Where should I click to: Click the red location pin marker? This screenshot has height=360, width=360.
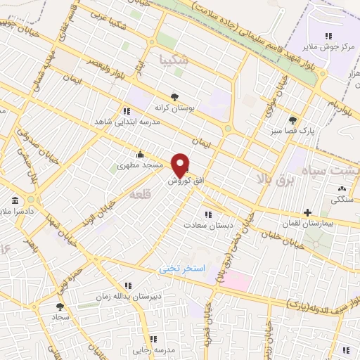point(181,165)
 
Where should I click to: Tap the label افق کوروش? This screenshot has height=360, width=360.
point(186,181)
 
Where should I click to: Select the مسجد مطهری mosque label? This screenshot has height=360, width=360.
point(140,165)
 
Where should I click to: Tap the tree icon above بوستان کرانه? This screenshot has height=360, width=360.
point(174,97)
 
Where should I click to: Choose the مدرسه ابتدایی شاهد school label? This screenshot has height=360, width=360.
point(122,121)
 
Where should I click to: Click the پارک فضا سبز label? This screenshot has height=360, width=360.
point(285,130)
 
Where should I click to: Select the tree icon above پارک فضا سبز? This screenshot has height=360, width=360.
point(292,120)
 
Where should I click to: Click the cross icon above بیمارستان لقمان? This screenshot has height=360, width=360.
point(307,212)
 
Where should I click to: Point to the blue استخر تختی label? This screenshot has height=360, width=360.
point(183,269)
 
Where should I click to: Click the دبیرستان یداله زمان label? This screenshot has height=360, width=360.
point(128,296)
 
